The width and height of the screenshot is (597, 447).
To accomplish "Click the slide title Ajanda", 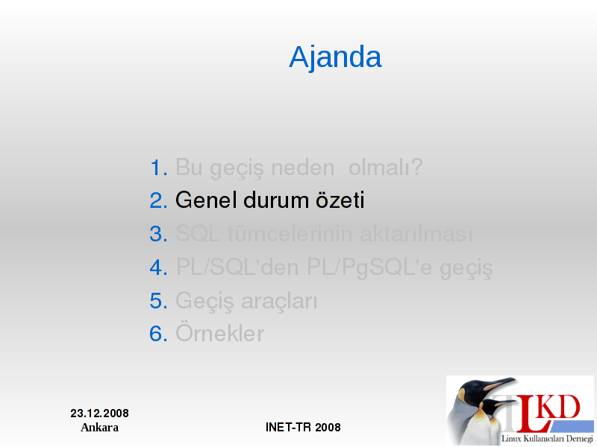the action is click(x=335, y=57).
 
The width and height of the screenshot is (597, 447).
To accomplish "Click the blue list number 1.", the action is click(x=158, y=168).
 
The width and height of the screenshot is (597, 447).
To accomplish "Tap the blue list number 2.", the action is click(x=158, y=200).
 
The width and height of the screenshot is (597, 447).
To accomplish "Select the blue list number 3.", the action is click(x=158, y=234).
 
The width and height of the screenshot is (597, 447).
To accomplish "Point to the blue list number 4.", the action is click(x=158, y=267).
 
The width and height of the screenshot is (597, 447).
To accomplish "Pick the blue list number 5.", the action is click(x=158, y=301).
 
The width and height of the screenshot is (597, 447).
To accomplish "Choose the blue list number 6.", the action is click(x=158, y=334).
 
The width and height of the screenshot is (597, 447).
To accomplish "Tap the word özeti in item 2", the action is click(x=340, y=200).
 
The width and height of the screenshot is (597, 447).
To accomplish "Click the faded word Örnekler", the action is click(x=219, y=333).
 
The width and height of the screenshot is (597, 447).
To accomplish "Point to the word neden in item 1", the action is click(x=303, y=168).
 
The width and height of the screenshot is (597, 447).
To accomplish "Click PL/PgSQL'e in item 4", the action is click(x=369, y=268).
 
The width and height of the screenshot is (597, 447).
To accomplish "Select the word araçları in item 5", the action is click(x=279, y=302).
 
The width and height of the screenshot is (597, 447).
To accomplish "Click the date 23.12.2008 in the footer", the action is click(x=100, y=413).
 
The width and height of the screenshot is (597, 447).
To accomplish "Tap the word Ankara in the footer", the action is click(x=100, y=427).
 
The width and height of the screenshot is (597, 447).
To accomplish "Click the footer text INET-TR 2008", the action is click(x=303, y=427).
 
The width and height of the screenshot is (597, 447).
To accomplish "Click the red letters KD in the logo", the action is click(x=560, y=407).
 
